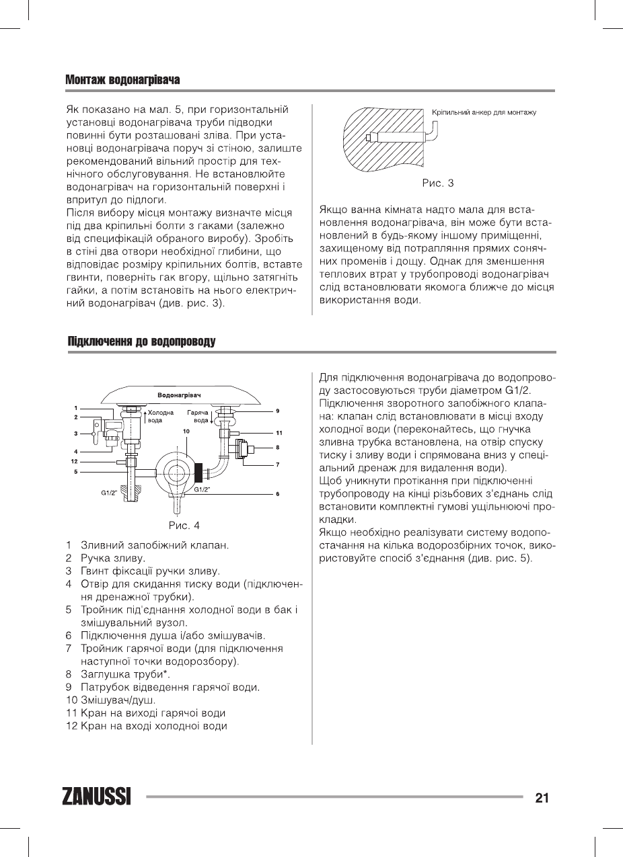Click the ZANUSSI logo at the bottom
[x=97, y=797]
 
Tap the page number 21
[x=542, y=798]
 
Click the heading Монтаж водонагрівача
[x=122, y=80]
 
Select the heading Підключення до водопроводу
[x=141, y=342]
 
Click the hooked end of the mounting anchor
[x=434, y=134]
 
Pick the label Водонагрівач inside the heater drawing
[x=180, y=395]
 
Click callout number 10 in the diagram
[x=186, y=431]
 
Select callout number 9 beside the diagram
[x=277, y=410]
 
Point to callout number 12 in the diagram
[x=75, y=461]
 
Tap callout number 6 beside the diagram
[x=277, y=494]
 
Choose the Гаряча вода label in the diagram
[x=198, y=415]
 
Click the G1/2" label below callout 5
[x=110, y=493]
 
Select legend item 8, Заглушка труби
[x=125, y=674]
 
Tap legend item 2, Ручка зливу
[x=112, y=558]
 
